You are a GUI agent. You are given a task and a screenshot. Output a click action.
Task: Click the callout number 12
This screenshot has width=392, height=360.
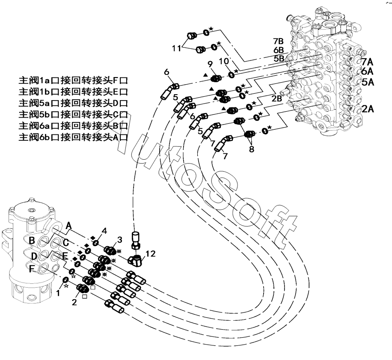coord(151,254)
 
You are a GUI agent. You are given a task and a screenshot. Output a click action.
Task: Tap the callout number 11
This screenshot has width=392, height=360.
coord(176,48)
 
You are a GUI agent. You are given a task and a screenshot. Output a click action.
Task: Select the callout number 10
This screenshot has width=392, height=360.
coord(224,61)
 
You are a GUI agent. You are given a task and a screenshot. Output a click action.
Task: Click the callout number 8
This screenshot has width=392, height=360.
coord(252,149)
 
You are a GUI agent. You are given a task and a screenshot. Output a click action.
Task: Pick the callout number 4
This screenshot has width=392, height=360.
coord(104,231)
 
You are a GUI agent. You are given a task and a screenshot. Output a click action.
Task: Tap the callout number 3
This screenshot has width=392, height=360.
coord(120,240)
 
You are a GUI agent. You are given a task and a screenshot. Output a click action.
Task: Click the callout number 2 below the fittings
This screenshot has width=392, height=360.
coord(74,302)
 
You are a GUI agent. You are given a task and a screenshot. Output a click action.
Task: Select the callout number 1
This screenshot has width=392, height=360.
coord(58,293)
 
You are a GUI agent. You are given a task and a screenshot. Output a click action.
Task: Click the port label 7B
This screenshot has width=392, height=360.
coord(278,41)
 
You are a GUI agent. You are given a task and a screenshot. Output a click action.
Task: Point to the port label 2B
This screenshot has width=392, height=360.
coord(277,98)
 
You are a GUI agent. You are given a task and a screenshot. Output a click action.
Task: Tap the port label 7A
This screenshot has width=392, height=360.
coord(367,62)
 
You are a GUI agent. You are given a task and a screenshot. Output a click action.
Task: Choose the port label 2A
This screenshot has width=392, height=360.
coord(368,109)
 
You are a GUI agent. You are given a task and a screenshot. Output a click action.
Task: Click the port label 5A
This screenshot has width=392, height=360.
coord(368,82)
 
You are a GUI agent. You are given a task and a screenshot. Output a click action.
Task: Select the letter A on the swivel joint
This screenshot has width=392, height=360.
coord(68,226)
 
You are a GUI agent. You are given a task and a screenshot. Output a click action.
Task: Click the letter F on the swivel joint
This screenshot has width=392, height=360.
coord(32,269)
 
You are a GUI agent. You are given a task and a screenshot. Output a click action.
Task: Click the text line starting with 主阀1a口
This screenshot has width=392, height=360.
coord(73,80)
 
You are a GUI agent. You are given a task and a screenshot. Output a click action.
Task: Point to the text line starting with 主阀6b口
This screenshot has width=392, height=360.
coord(73,137)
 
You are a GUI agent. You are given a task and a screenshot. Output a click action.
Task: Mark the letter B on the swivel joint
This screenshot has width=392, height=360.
coord(32,241)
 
